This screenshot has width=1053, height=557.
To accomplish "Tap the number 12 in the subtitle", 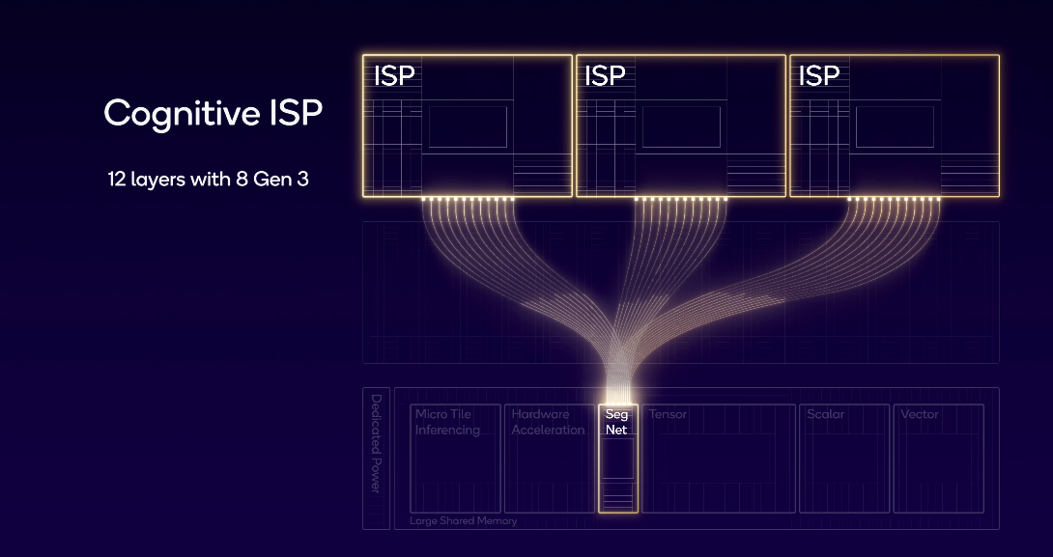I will (x=118, y=179).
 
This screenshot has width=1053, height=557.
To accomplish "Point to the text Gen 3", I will (x=284, y=179).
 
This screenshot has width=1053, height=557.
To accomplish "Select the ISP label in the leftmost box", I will (x=394, y=75).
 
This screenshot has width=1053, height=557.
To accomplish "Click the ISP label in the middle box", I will (x=605, y=75).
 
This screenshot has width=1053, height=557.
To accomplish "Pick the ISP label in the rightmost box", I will (x=819, y=75).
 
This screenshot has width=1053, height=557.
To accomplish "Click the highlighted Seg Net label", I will (x=616, y=422).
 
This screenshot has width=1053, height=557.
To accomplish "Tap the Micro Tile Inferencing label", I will (x=447, y=422).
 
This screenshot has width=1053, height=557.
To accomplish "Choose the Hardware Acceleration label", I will (x=548, y=422).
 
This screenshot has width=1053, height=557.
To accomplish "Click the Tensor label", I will (x=668, y=414).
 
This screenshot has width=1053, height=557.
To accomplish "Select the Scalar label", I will (x=825, y=414).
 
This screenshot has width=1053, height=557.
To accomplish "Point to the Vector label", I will (x=919, y=414).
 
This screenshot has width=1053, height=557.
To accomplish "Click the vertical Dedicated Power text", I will (x=376, y=443).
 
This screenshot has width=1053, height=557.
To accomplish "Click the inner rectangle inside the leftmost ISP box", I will (x=468, y=126).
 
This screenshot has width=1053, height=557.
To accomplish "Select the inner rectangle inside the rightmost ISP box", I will (x=895, y=126).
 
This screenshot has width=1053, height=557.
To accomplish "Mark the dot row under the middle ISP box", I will (x=680, y=200).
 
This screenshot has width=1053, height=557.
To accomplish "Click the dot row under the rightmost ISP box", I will (x=894, y=200).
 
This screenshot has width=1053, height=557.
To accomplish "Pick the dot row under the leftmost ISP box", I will (x=468, y=200).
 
